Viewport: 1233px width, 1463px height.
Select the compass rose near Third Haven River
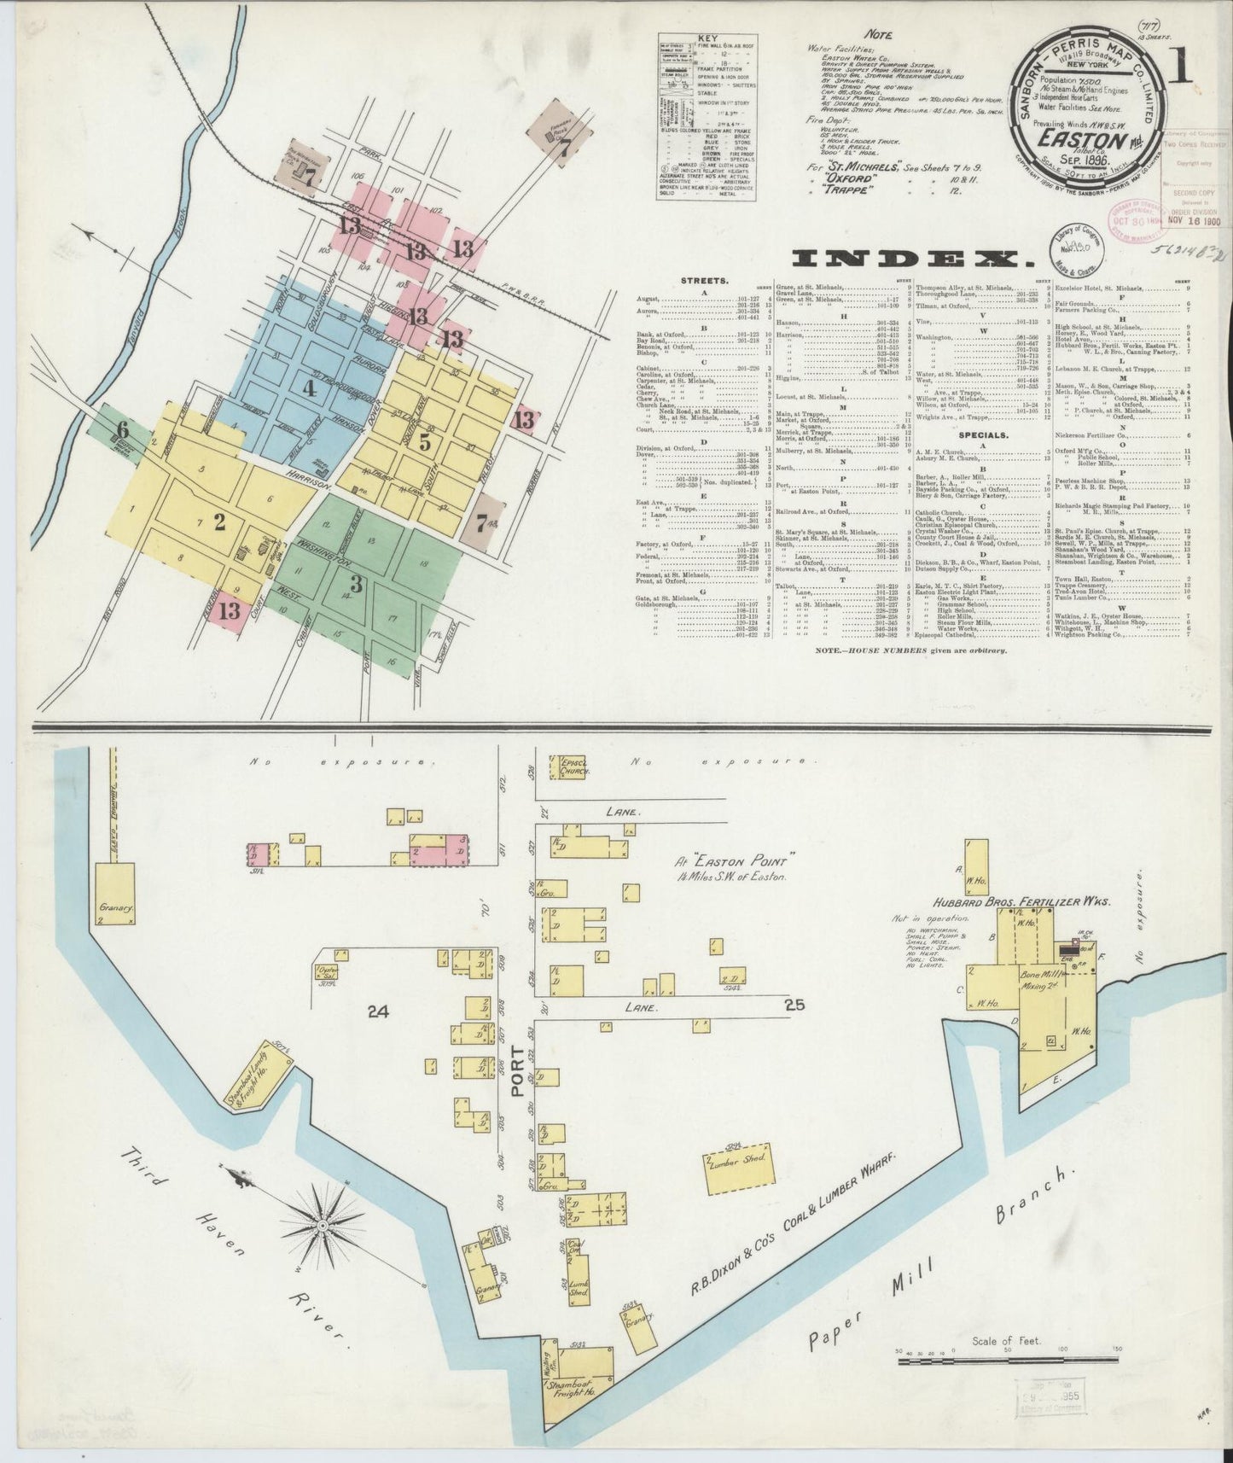click(324, 1226)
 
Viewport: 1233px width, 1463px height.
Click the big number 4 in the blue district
click(309, 388)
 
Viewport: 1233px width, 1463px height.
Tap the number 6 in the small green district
click(123, 429)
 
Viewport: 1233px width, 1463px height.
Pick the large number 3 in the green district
click(357, 585)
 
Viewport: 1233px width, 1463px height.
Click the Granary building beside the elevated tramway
click(115, 895)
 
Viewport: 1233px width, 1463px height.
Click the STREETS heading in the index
click(705, 279)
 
